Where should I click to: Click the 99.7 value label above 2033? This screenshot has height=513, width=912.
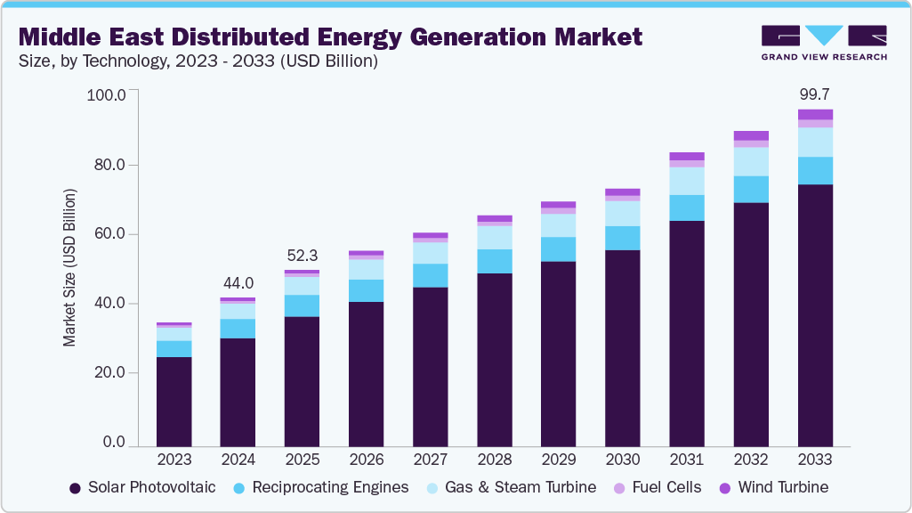pos(815,94)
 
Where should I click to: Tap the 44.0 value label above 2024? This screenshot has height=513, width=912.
pos(238,282)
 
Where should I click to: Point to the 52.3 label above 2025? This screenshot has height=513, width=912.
pos(303,255)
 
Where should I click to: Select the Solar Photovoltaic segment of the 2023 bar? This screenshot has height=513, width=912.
pos(174,401)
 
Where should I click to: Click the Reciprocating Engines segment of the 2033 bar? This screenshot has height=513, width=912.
pos(815,170)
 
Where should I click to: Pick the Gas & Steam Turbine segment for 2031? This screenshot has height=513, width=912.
pos(687,181)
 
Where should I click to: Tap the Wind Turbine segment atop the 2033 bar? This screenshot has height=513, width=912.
pos(815,114)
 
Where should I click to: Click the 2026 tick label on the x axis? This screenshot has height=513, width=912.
pos(367,460)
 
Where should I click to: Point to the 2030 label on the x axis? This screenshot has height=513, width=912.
pos(623,460)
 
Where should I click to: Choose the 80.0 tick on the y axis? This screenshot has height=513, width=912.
pos(109,165)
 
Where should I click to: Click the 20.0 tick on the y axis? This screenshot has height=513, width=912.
pos(109,373)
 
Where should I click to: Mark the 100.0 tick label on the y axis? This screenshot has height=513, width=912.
pos(107,94)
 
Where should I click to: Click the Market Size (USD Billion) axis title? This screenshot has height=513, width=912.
pos(69,267)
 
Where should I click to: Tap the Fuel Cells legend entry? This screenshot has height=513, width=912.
pos(663,487)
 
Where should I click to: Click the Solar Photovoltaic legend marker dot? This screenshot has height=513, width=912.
pos(75,488)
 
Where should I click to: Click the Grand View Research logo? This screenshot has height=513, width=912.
pos(823,43)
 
